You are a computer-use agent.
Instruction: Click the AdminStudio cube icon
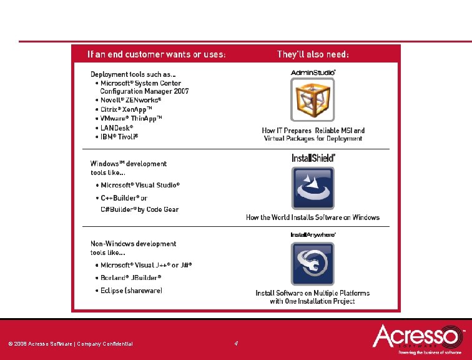[313, 99]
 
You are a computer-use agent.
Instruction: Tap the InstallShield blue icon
[313, 187]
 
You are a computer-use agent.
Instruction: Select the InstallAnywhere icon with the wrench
[313, 263]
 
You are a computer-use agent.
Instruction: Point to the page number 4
[236, 343]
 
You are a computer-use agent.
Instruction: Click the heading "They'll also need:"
[313, 54]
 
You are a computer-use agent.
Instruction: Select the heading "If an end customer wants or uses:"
[157, 54]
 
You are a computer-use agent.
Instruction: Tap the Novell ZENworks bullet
[131, 100]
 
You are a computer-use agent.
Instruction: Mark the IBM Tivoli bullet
[119, 136]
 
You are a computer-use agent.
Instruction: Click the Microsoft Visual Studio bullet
[140, 185]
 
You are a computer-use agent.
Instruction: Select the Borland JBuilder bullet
[131, 277]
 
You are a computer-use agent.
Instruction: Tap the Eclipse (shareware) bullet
[132, 290]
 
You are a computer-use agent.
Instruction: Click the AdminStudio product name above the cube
[313, 73]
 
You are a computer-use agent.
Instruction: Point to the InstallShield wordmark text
[313, 158]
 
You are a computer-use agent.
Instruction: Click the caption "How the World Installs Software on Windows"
[313, 217]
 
